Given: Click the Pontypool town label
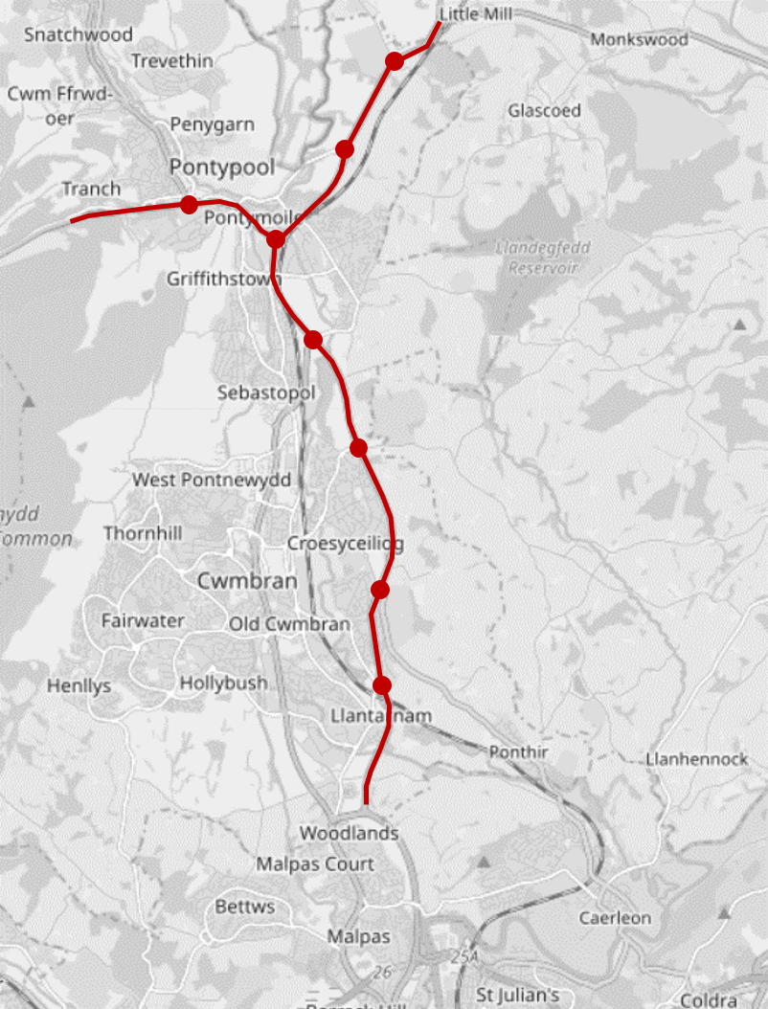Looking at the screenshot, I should tap(221, 168).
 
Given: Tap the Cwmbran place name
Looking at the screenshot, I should tap(247, 581).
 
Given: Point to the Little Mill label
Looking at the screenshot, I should tap(476, 14).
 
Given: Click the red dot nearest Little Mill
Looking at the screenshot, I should tap(394, 61).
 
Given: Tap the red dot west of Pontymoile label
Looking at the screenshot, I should tap(189, 204).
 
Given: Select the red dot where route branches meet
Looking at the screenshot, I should tap(276, 238).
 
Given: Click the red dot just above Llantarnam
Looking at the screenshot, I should tap(382, 684).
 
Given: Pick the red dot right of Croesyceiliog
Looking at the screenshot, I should tap(380, 589).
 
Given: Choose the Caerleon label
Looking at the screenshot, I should tap(615, 918).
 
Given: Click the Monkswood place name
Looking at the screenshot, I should tap(639, 39).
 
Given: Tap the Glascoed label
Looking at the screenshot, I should tap(544, 111).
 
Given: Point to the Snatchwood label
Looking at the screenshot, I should tap(79, 34).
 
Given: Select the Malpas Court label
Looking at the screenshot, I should tap(315, 864).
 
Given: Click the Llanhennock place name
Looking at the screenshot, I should tap(696, 759).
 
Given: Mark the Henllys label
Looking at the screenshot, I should tap(79, 686).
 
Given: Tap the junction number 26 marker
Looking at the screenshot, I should tap(384, 973).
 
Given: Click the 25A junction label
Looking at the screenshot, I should tap(467, 957).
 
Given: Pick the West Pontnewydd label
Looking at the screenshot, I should tap(211, 480).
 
